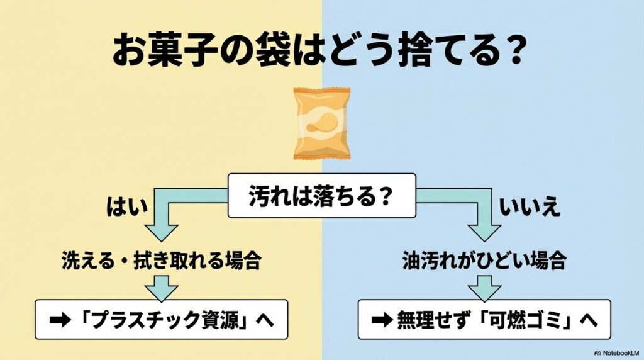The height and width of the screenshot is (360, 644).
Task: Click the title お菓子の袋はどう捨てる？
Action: (317, 50)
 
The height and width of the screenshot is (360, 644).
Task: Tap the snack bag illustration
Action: (321, 123)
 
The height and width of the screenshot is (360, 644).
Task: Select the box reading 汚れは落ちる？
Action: (321, 196)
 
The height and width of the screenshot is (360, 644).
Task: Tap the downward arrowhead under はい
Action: (161, 230)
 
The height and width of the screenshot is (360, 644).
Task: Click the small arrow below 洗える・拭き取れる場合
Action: (161, 289)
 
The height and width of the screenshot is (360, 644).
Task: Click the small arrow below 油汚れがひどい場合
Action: (484, 289)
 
